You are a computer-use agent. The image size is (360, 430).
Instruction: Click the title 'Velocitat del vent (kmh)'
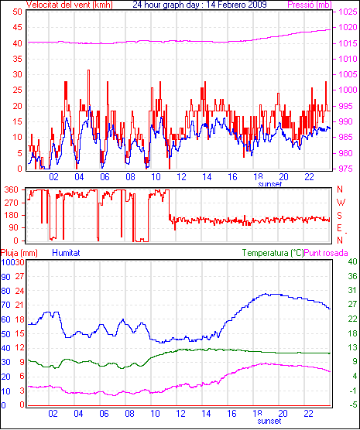pos(69,5)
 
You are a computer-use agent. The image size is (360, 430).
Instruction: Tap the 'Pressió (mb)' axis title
pos(310,5)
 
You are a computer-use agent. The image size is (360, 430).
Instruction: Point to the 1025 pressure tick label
pos(348,12)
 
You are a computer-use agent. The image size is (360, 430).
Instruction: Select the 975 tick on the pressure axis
pos(346,169)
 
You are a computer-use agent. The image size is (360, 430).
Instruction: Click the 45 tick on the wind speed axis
pos(18,27)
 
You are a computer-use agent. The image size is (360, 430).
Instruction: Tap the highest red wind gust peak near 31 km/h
pos(88,70)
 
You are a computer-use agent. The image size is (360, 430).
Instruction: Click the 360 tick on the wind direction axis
pos(12,189)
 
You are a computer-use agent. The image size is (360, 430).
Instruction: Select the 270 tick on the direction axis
pos(12,203)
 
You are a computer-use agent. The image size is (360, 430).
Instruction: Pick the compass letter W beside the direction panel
pos(341,203)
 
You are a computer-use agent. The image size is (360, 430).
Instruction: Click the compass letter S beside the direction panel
pos(340,216)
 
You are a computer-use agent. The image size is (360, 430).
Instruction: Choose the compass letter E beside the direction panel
pos(340,228)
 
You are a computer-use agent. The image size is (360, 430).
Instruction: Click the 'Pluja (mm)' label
pos(19,253)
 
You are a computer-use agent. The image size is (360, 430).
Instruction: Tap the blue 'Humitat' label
pos(66,253)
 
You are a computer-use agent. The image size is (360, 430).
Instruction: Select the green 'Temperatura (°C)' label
pos(273,253)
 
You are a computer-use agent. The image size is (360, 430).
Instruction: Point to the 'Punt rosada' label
pos(326,253)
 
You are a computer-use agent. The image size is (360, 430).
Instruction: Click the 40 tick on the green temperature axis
pos(352,261)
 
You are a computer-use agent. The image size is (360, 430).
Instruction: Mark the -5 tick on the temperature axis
pos(353,404)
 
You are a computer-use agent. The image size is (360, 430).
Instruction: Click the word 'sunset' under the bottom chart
pos(269,421)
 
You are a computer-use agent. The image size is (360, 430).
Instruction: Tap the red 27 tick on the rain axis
pos(19,276)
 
